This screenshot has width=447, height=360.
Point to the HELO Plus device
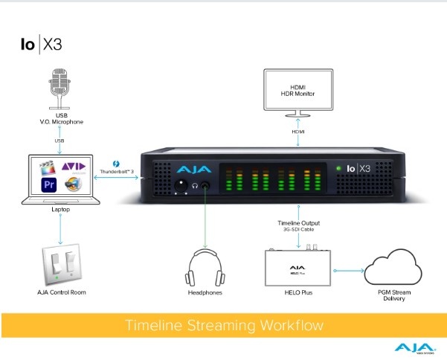pos(300,268)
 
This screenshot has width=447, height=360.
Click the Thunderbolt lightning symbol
pos(116,163)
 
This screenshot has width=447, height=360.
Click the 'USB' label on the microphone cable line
pos(61,140)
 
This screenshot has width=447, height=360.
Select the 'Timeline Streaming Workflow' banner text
pos(223,326)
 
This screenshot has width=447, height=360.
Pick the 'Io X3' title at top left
pos(41,43)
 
